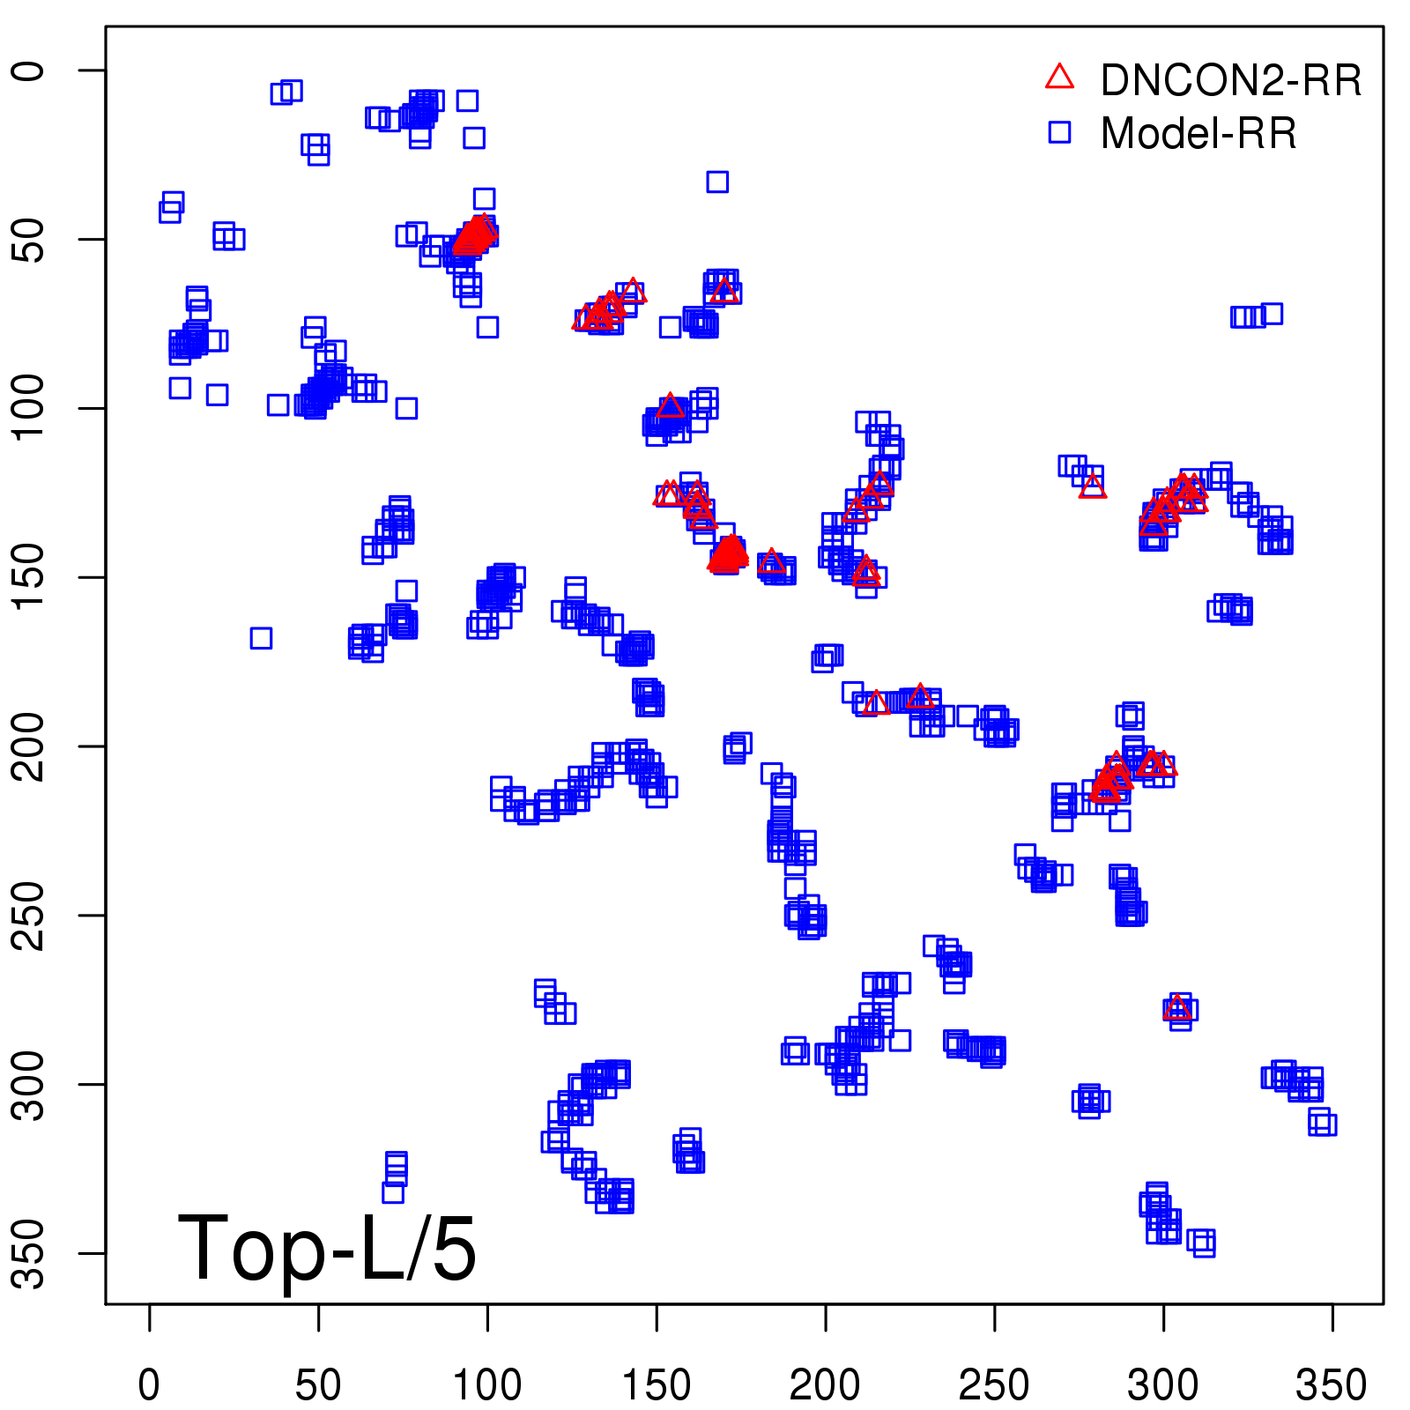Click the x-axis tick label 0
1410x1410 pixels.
point(149,1385)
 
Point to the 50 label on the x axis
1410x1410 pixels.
point(318,1385)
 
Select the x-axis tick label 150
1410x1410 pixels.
point(657,1385)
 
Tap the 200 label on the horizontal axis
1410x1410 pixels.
point(825,1385)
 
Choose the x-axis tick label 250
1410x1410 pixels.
point(994,1385)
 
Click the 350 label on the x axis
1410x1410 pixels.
point(1332,1385)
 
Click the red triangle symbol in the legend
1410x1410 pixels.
point(1059,78)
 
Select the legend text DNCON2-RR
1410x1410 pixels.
point(1231,80)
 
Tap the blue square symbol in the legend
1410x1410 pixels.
point(1059,132)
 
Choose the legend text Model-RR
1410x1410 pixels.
point(1198,134)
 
